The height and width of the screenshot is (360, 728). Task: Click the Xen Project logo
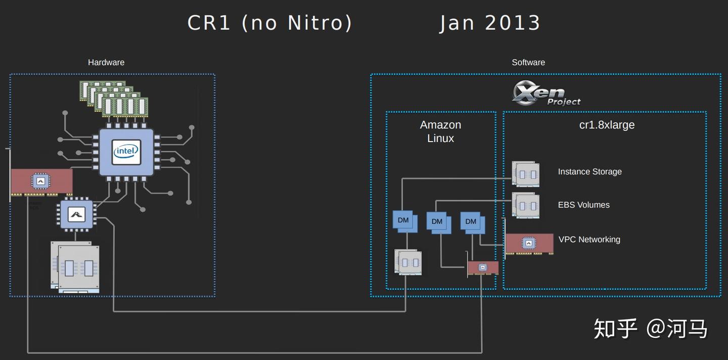point(546,94)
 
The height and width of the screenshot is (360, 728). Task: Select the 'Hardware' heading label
point(106,62)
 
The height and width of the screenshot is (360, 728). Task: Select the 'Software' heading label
point(528,62)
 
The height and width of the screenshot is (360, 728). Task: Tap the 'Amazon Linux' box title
point(440,131)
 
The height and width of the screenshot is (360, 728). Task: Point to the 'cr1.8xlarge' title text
point(607,125)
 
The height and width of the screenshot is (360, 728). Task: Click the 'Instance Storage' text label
point(589,172)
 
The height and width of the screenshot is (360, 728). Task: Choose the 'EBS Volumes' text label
point(583,205)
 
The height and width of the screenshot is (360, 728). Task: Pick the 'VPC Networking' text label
point(589,240)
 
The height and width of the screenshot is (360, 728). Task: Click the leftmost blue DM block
point(404,221)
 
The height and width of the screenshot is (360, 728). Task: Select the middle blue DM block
point(438,222)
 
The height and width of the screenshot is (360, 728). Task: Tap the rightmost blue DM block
point(472,222)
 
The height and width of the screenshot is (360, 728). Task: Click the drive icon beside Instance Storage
point(526,174)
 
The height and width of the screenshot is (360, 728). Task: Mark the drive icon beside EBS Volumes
point(526,205)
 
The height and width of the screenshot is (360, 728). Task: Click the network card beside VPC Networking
point(529,244)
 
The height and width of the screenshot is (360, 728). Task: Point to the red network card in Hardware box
point(41,182)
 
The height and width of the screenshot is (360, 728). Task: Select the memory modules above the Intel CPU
point(114,99)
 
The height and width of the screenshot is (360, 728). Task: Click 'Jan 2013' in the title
point(490,23)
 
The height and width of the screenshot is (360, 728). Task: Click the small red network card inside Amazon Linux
point(483,267)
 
